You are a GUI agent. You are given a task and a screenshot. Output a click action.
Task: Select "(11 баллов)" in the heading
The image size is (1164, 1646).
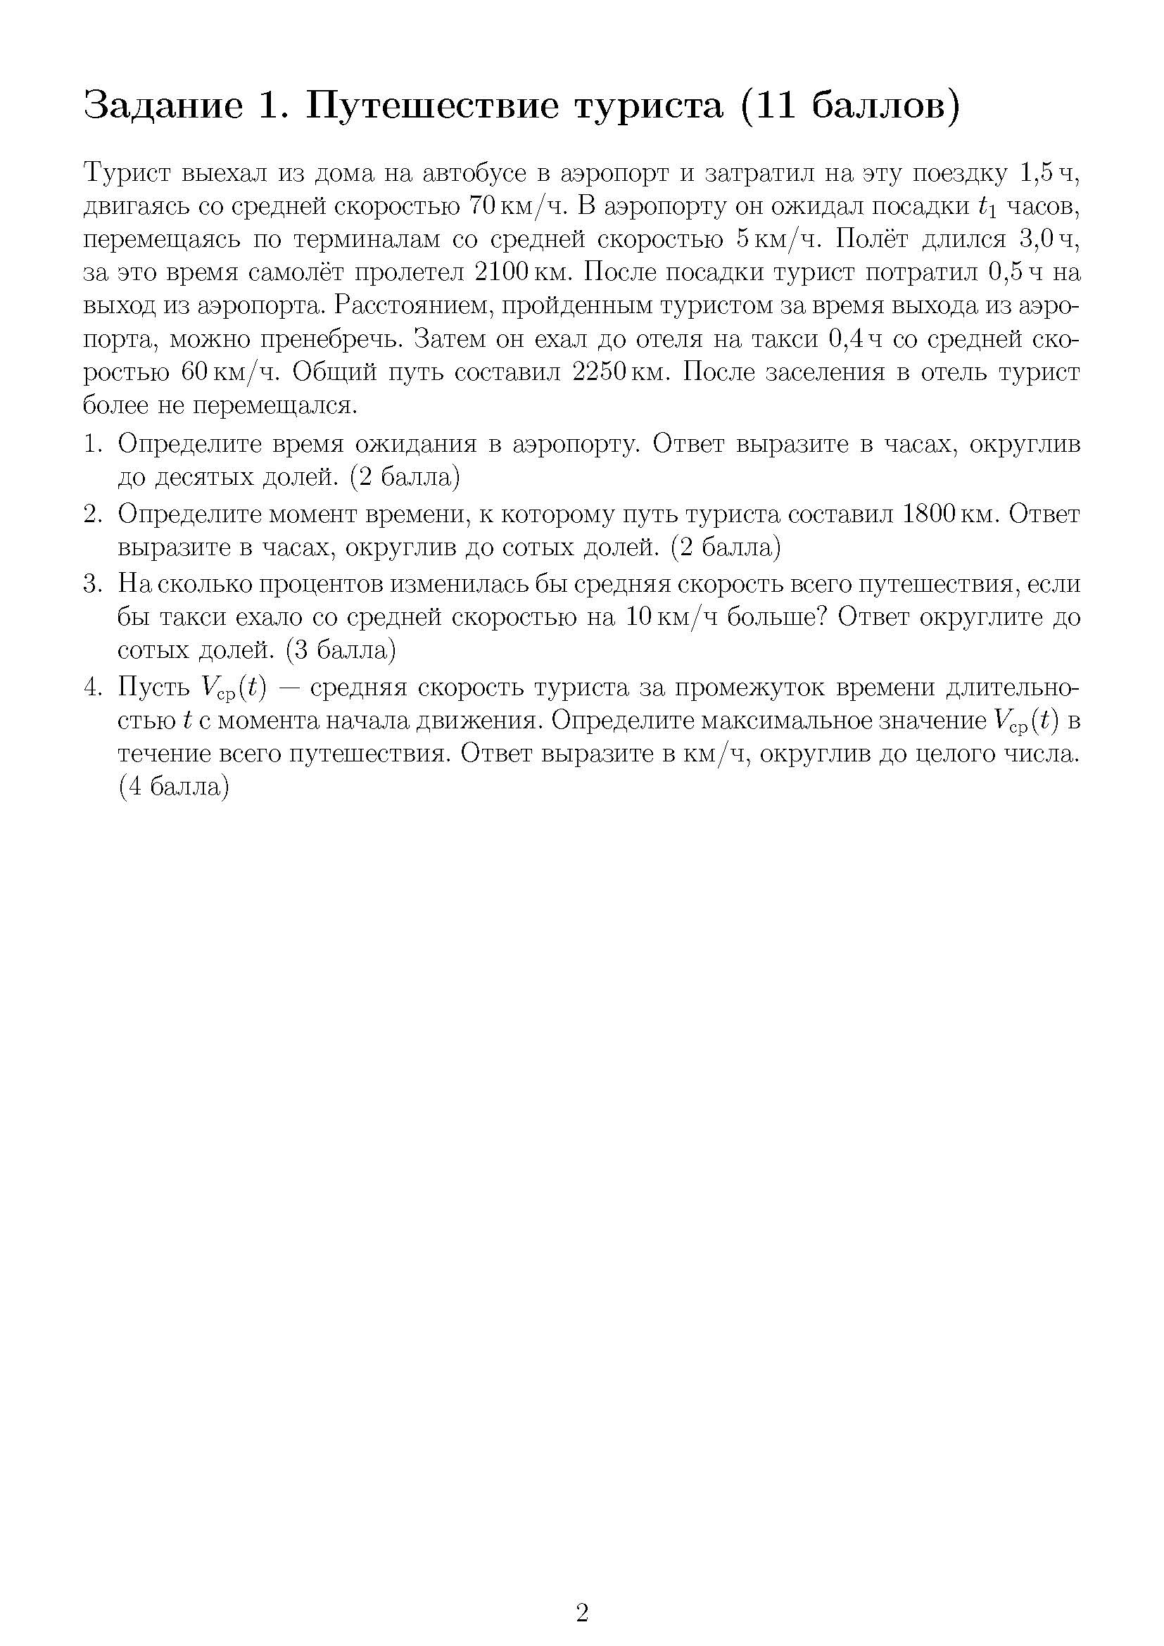pyautogui.click(x=850, y=106)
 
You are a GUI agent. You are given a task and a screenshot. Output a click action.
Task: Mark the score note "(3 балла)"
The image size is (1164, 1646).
pyautogui.click(x=341, y=650)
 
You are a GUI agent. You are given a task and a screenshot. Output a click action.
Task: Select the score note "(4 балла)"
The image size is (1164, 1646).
pyautogui.click(x=173, y=787)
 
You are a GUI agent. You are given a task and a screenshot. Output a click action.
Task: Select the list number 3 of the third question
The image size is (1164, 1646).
pyautogui.click(x=90, y=584)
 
